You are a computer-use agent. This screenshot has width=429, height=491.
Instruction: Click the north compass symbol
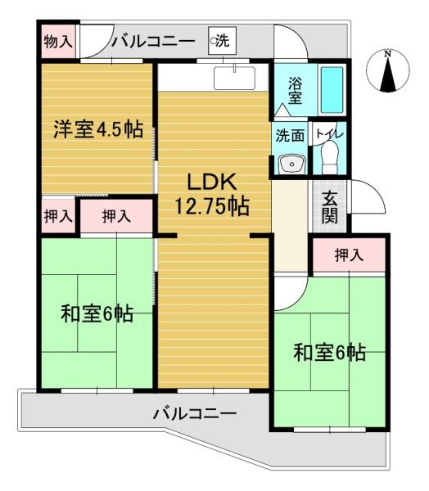[x=388, y=71]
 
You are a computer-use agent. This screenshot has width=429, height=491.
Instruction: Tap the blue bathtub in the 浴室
[x=332, y=89]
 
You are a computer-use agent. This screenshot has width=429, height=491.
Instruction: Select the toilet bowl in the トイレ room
[x=330, y=156]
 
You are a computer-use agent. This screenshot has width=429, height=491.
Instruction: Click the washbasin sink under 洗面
[x=292, y=164]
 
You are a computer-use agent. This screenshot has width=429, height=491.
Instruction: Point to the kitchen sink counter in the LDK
[x=234, y=78]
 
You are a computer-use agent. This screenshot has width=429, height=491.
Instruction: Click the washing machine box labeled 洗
[x=222, y=41]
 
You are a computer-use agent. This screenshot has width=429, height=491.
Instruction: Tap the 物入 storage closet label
[x=58, y=42]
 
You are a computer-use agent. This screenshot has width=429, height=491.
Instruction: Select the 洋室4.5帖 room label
[x=98, y=129]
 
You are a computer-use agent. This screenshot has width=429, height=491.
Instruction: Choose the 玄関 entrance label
[x=330, y=207]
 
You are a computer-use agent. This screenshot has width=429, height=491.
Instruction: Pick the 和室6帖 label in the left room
[x=97, y=313]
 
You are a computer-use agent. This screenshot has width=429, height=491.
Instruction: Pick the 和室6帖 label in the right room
[x=329, y=352]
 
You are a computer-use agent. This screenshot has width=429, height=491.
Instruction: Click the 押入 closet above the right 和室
[x=349, y=255]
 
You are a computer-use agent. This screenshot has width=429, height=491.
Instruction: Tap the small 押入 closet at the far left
[x=58, y=216]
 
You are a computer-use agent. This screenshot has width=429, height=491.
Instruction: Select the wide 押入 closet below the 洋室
[x=116, y=216]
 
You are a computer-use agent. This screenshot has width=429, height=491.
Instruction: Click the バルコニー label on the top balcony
[x=154, y=42]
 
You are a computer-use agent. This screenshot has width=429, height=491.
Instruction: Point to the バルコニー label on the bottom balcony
[x=195, y=414]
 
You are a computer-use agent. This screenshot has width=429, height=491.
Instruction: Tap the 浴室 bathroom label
[x=295, y=91]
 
